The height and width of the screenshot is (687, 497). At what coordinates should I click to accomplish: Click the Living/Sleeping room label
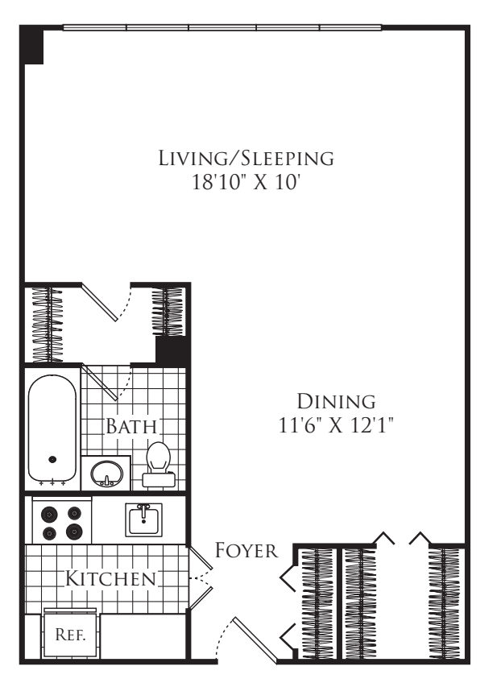pyautogui.click(x=246, y=158)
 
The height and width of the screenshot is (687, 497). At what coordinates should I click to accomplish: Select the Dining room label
pyautogui.click(x=336, y=401)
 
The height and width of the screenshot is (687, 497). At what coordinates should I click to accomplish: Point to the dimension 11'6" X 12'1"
pyautogui.click(x=336, y=425)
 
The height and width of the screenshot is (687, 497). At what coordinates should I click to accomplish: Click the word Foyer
pyautogui.click(x=246, y=550)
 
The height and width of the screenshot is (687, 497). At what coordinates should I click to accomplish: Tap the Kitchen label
pyautogui.click(x=110, y=579)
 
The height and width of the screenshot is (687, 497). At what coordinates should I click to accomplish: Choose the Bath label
pyautogui.click(x=131, y=426)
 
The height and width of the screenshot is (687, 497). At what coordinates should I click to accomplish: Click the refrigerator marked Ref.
pyautogui.click(x=70, y=634)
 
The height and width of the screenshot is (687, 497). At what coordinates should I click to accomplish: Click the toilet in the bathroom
pyautogui.click(x=158, y=465)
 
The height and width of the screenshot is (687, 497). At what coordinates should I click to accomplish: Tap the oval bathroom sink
pyautogui.click(x=106, y=474)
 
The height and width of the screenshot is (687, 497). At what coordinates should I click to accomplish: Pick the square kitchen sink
pyautogui.click(x=143, y=519)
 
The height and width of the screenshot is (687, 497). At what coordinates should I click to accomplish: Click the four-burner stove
pyautogui.click(x=62, y=522)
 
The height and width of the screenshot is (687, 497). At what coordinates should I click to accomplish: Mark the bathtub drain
pyautogui.click(x=52, y=459)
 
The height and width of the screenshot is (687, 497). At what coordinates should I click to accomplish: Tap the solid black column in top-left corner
pyautogui.click(x=34, y=44)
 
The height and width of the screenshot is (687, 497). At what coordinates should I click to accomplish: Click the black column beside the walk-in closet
pyautogui.click(x=172, y=350)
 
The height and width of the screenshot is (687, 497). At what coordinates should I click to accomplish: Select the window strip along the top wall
pyautogui.click(x=222, y=27)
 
